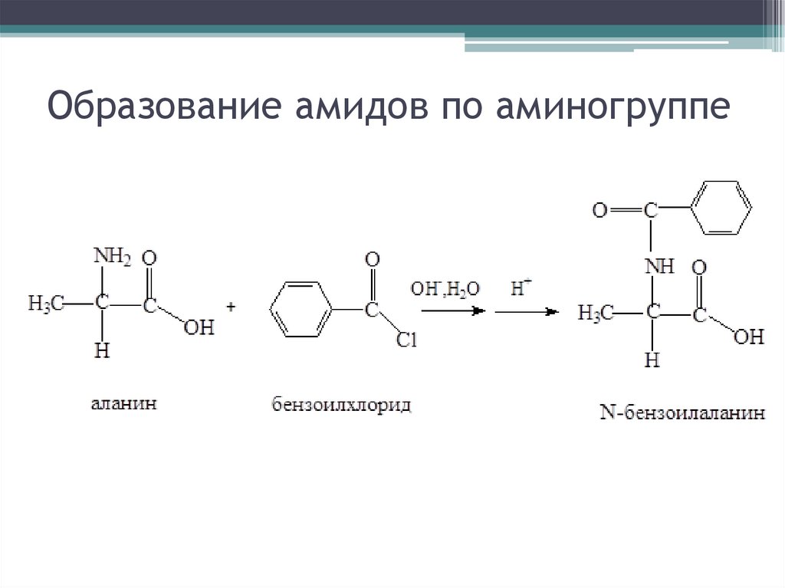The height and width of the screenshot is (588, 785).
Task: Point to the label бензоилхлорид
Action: (341, 404)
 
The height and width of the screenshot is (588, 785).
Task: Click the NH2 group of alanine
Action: (112, 257)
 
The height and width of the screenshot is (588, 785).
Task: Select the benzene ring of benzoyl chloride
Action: (301, 310)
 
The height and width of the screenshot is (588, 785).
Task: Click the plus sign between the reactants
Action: (231, 307)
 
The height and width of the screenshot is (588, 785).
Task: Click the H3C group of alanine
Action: (45, 304)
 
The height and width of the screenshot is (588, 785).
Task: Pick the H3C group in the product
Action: (596, 313)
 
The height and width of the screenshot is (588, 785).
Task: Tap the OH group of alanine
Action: (199, 329)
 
